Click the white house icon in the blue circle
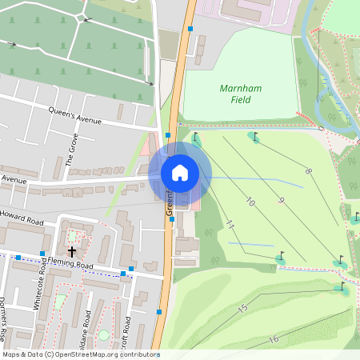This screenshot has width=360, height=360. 180,173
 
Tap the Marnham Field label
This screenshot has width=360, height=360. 235,94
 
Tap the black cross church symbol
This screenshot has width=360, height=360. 72,251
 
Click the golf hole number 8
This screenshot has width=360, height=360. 308,171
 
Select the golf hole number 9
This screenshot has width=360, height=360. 281,200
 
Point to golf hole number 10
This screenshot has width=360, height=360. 250,203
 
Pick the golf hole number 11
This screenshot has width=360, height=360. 230,225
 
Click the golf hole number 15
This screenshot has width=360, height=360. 243,308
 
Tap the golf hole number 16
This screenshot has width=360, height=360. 274,339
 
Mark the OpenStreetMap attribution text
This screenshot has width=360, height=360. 81,354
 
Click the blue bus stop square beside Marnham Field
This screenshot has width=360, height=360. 190,29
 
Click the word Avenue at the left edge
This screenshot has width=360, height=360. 14,182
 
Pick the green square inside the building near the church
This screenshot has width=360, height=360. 74,235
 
